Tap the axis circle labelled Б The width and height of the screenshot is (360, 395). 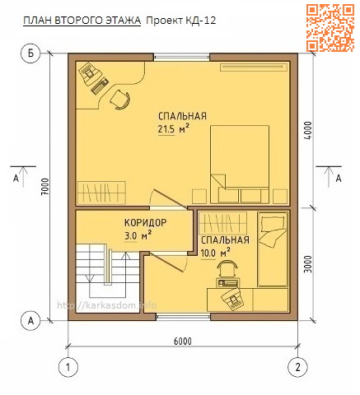point(30,54)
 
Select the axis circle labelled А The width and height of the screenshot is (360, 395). point(30,319)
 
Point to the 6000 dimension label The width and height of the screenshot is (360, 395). point(183,341)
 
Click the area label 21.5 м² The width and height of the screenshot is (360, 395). point(174,129)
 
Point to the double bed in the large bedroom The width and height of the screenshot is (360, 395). point(240,162)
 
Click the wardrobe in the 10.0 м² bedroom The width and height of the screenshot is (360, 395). point(222,222)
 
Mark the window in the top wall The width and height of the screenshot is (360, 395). point(182,57)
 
